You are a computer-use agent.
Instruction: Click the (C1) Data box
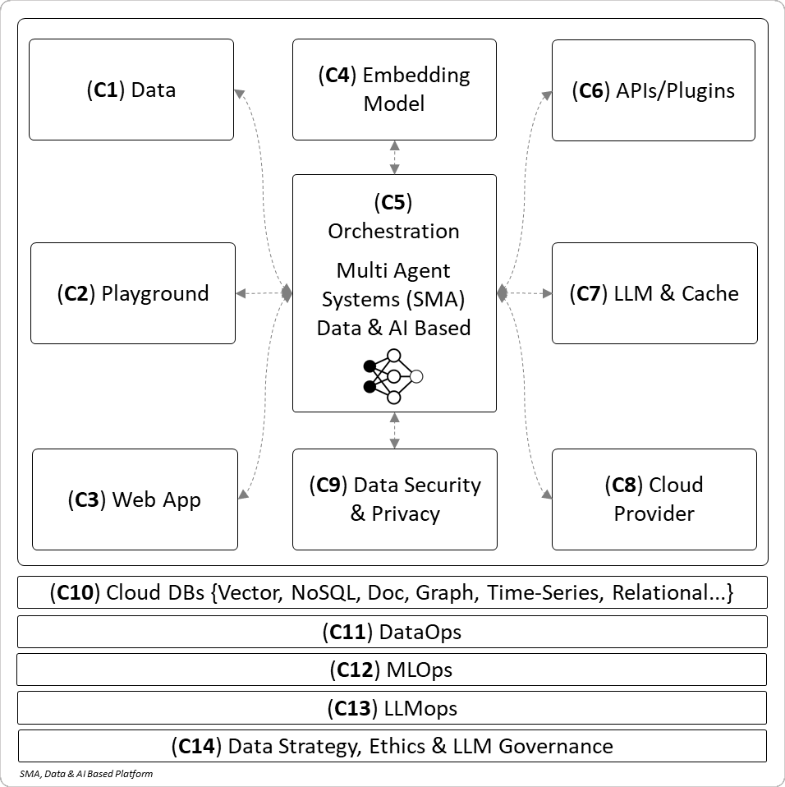tap(131, 90)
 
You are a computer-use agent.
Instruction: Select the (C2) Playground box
tap(133, 293)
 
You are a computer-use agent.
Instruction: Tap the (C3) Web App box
tap(135, 499)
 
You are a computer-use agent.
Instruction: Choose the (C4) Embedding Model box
tap(394, 90)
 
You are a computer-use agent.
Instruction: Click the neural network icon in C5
tap(393, 376)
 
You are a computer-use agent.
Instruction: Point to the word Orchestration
tap(393, 231)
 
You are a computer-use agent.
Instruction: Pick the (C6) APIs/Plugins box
tap(653, 90)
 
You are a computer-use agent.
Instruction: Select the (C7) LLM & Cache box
tap(654, 293)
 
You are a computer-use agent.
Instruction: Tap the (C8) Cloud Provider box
tap(654, 499)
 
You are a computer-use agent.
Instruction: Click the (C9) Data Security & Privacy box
tap(394, 499)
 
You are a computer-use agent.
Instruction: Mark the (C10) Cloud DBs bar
tap(392, 592)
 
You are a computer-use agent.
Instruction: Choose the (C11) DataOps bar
tap(392, 632)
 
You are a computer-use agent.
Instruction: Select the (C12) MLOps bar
tap(392, 670)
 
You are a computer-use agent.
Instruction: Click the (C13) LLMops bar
tap(392, 707)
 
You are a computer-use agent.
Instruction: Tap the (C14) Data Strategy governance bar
tap(392, 746)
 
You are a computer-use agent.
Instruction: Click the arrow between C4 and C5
tap(395, 157)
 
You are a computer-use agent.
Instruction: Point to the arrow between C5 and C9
tap(395, 430)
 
